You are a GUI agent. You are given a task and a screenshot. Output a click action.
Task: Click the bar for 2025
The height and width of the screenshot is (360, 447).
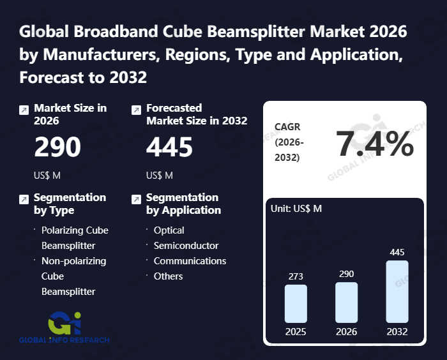(x=296, y=303)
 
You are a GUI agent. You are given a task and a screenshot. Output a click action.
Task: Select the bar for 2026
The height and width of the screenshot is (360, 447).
(x=346, y=302)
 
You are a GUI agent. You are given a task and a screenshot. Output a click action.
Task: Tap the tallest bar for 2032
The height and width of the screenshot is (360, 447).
(x=397, y=291)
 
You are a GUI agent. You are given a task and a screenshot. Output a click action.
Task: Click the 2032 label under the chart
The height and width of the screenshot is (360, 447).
(x=397, y=331)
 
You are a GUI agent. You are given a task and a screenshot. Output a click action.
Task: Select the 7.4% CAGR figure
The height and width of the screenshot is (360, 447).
(x=375, y=144)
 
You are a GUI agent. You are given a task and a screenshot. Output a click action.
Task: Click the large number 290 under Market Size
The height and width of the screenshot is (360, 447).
(x=57, y=147)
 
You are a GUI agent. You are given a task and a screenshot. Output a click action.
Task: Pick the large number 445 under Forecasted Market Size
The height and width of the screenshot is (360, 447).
(x=169, y=147)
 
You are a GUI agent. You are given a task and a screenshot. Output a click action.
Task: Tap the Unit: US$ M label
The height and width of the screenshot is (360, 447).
(x=297, y=209)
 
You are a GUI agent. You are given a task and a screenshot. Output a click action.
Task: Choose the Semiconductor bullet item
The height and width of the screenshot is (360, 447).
(x=186, y=246)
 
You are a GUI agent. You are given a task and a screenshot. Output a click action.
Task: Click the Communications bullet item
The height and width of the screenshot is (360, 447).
(x=190, y=261)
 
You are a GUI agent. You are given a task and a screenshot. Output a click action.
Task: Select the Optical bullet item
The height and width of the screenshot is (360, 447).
(x=169, y=230)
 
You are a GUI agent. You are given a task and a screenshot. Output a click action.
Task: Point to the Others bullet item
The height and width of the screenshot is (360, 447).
(x=168, y=276)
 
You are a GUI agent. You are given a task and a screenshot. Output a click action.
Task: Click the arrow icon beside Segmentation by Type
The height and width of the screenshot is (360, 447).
(x=24, y=200)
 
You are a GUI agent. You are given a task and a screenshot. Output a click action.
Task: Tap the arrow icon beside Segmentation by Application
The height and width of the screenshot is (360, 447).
(x=135, y=200)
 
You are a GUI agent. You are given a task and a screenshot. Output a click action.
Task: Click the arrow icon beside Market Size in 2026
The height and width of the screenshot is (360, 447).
(x=24, y=110)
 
